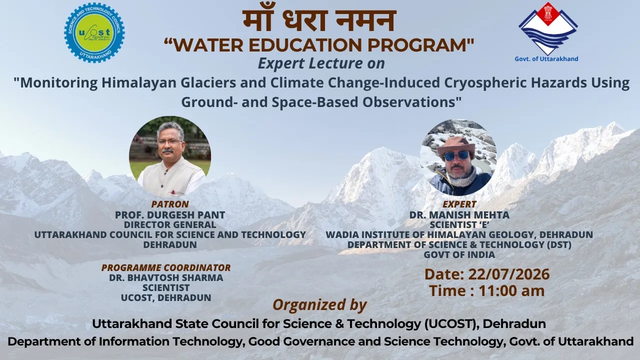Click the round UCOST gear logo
click(94, 32)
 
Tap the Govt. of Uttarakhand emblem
click(548, 29)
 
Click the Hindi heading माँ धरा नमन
click(319, 20)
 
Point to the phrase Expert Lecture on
click(321, 63)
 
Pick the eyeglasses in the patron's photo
click(169, 142)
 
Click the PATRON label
click(170, 204)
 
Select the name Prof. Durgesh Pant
click(170, 214)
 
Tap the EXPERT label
click(459, 204)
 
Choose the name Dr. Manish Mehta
click(459, 214)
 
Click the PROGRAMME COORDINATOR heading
click(166, 267)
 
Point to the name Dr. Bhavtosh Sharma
click(166, 277)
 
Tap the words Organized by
click(319, 305)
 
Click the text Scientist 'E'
click(459, 224)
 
